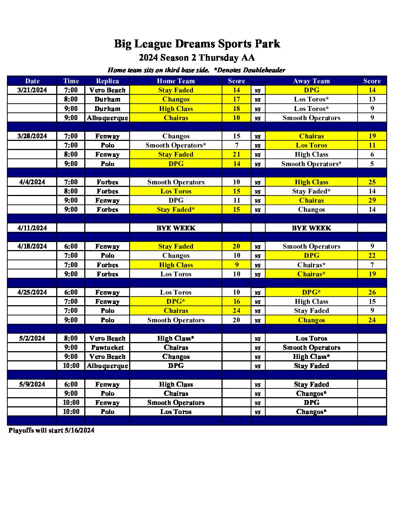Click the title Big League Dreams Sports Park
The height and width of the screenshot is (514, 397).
click(x=197, y=44)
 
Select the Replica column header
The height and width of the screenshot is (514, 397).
click(x=107, y=81)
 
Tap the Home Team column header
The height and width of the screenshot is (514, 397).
click(x=176, y=81)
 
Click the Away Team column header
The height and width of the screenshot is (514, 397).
click(x=311, y=81)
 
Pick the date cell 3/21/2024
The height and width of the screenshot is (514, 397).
click(x=32, y=90)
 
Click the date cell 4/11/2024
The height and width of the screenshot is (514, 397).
click(x=32, y=228)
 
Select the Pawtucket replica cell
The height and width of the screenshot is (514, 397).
click(x=107, y=348)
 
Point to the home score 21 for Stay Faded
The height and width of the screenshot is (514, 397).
click(x=236, y=154)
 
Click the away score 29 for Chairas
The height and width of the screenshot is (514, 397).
click(x=372, y=200)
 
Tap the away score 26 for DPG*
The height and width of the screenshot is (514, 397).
click(x=372, y=292)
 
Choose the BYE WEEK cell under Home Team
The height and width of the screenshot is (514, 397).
click(x=176, y=228)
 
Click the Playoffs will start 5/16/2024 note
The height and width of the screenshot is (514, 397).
click(x=51, y=430)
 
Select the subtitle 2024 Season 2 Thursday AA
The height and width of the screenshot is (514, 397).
click(x=197, y=58)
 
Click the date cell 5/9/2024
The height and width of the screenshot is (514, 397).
click(x=32, y=384)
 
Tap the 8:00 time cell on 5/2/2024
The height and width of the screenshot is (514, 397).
click(x=71, y=338)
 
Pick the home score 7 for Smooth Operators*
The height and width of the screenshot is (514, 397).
click(x=236, y=145)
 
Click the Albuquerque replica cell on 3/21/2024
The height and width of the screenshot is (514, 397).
click(x=107, y=118)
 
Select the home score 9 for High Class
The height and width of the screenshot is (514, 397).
click(x=236, y=265)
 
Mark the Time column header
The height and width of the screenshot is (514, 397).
click(x=71, y=81)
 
